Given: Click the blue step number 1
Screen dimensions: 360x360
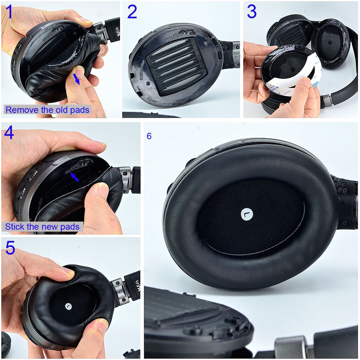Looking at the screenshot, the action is click(9, 12).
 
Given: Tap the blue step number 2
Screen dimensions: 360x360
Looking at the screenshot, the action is click(132, 12).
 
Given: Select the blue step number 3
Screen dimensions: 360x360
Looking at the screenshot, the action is click(252, 12).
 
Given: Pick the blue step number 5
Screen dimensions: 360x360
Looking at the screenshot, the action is click(10, 247).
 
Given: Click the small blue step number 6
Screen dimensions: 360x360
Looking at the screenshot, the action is click(149, 136).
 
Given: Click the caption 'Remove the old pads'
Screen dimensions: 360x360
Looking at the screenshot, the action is click(47, 110).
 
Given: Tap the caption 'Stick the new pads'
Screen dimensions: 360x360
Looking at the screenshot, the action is click(42, 227).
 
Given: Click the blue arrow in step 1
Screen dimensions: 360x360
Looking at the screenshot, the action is click(76, 79).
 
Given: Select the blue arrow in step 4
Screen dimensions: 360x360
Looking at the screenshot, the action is click(75, 177).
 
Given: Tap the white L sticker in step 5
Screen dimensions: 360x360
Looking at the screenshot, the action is click(68, 306).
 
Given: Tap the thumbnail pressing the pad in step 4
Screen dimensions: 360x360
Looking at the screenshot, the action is click(102, 189).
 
